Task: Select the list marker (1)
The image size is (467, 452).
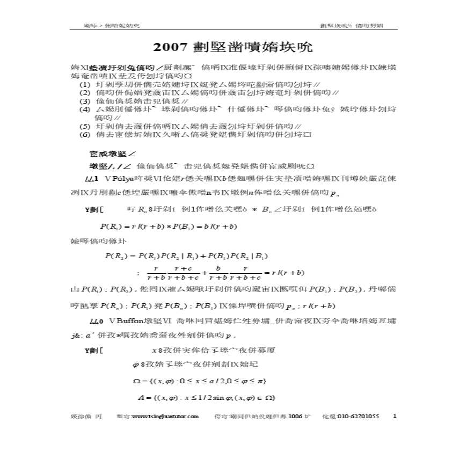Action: (x=85, y=85)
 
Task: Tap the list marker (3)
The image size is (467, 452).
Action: (x=85, y=101)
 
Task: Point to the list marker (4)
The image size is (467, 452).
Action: (x=85, y=109)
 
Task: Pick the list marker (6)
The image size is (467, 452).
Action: (x=85, y=134)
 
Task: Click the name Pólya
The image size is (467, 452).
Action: (x=122, y=178)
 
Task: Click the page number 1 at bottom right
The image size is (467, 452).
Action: (x=396, y=415)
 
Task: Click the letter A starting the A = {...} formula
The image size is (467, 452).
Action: (x=141, y=397)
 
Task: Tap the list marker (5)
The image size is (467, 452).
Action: (x=85, y=126)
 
